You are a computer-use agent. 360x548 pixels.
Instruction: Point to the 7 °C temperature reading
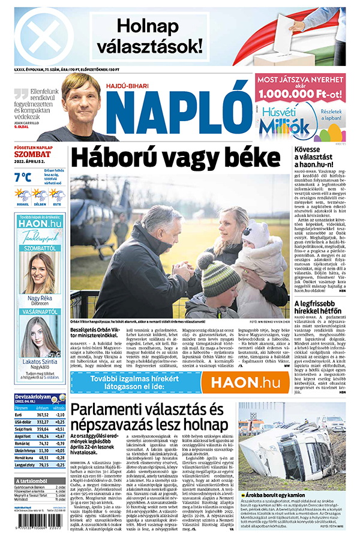(x=22, y=177)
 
